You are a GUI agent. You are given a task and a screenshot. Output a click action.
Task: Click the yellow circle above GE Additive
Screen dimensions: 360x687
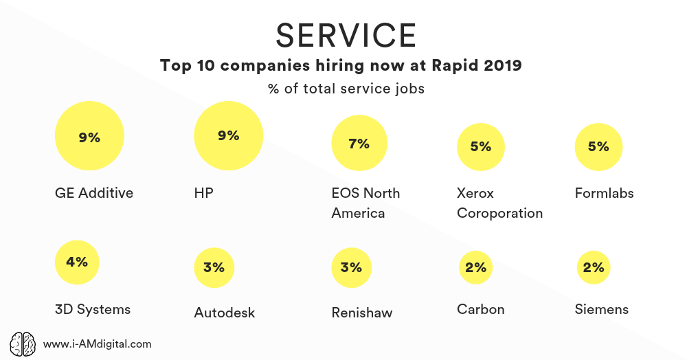[89, 137]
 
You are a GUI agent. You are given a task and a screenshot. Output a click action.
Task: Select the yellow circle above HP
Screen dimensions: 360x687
[229, 135]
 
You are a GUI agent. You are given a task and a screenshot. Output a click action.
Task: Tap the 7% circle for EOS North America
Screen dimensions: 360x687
[359, 144]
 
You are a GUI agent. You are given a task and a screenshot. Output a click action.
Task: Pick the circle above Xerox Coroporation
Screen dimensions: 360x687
[481, 146]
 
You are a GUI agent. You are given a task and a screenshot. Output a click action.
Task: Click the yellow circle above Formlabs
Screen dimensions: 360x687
[598, 146]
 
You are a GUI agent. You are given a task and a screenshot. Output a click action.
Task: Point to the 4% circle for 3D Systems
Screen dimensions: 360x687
[77, 262]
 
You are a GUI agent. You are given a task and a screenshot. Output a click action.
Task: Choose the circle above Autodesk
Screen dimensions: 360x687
[214, 267]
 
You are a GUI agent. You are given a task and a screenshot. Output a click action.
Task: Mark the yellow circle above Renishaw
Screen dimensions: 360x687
[351, 267]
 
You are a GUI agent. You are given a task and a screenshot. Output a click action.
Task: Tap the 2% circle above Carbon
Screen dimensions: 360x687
[475, 267]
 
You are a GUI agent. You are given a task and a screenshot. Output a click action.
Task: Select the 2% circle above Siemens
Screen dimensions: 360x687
[593, 267]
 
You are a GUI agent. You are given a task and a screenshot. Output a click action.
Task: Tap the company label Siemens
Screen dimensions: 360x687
[601, 309]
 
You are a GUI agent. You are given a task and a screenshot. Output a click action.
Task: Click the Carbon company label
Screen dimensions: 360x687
[480, 309]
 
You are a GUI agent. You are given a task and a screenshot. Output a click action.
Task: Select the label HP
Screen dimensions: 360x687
[204, 193]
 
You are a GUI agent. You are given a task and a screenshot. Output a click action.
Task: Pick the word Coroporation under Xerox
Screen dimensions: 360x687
[499, 213]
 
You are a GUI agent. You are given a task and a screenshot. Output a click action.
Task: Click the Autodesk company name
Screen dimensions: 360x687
[224, 313]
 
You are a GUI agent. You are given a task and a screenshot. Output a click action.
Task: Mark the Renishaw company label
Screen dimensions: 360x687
[361, 313]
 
